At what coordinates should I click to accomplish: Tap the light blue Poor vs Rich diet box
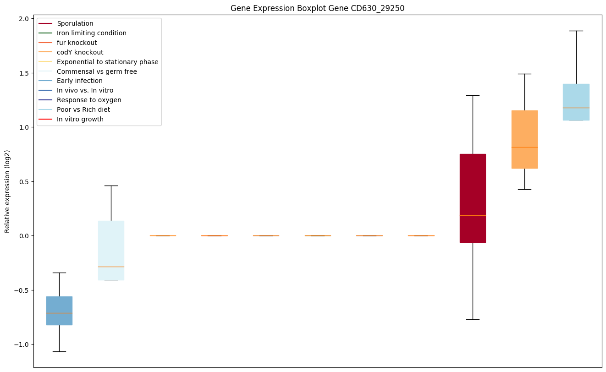[x=576, y=102]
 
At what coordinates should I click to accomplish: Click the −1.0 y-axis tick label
[x=22, y=345]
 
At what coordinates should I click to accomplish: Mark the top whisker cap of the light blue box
[x=576, y=31]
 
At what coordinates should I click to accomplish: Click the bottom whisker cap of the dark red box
[x=472, y=319]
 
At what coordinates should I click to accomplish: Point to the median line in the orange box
[x=524, y=147]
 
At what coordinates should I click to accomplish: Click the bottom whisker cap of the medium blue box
[x=59, y=351]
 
